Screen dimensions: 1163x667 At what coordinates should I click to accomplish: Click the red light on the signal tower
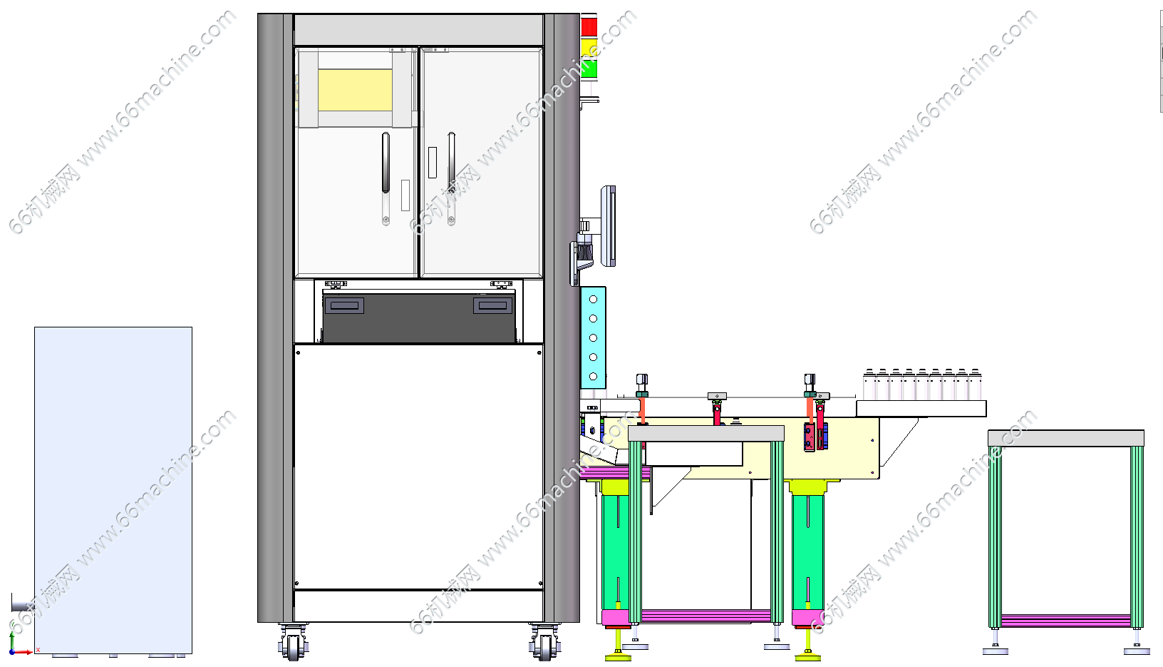click(589, 27)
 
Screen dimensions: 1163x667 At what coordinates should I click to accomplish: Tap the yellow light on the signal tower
click(589, 49)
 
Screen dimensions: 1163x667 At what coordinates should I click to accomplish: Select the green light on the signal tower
click(589, 68)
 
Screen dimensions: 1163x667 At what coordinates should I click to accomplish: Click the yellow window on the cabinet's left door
click(355, 90)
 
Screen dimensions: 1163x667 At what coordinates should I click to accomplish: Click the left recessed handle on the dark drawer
click(343, 305)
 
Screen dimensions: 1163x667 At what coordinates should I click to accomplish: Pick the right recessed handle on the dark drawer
click(492, 305)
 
